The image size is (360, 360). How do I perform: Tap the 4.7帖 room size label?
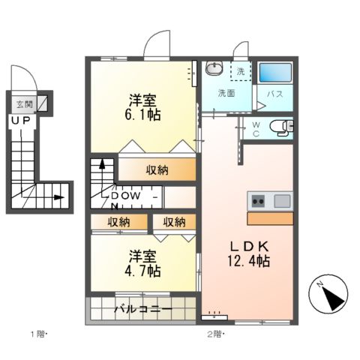[x=141, y=269]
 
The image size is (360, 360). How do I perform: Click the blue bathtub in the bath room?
[x=274, y=73]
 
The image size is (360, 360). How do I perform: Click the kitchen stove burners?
[x=257, y=200]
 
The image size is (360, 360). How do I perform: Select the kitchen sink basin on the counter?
[x=281, y=200]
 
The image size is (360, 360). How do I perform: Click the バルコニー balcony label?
[x=142, y=309]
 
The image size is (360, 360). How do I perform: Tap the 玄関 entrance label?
[x=23, y=105]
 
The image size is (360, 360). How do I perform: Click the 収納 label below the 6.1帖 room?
[x=157, y=169]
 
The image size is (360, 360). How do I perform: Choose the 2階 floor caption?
[x=215, y=332]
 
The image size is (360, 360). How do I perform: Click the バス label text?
[x=274, y=94]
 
